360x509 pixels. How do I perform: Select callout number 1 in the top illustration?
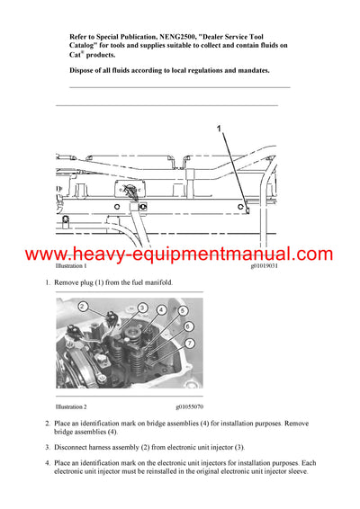217,129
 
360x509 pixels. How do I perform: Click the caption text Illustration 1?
71,267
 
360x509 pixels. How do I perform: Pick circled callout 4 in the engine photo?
161,310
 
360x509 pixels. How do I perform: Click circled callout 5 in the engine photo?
183,311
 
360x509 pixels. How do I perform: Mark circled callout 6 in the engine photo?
188,326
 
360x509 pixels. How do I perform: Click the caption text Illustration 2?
71,406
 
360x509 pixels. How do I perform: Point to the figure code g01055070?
186,406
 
